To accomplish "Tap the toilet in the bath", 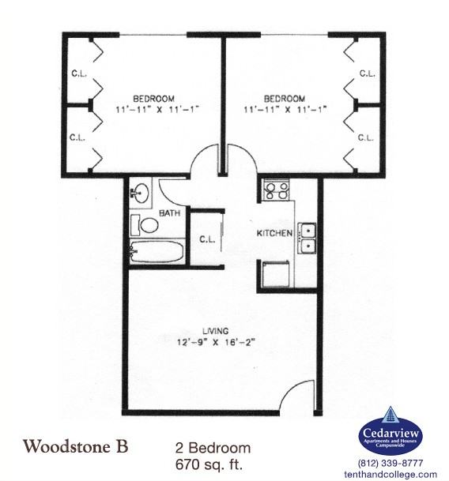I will tap(145, 224).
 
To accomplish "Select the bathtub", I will tap(157, 254).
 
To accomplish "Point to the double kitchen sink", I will tap(307, 238).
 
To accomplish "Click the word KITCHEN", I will tap(274, 234).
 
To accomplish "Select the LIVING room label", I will tap(214, 329).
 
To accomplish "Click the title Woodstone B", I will tap(76, 445).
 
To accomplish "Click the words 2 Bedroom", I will tap(213, 446).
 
